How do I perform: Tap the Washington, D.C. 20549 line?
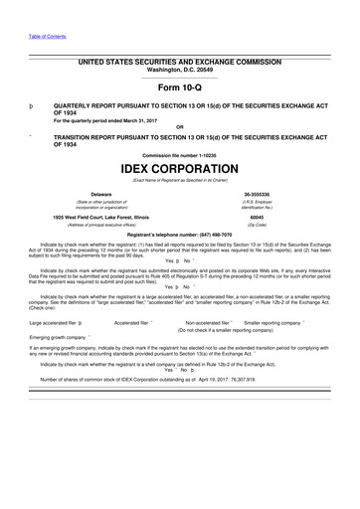pyautogui.click(x=179, y=71)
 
